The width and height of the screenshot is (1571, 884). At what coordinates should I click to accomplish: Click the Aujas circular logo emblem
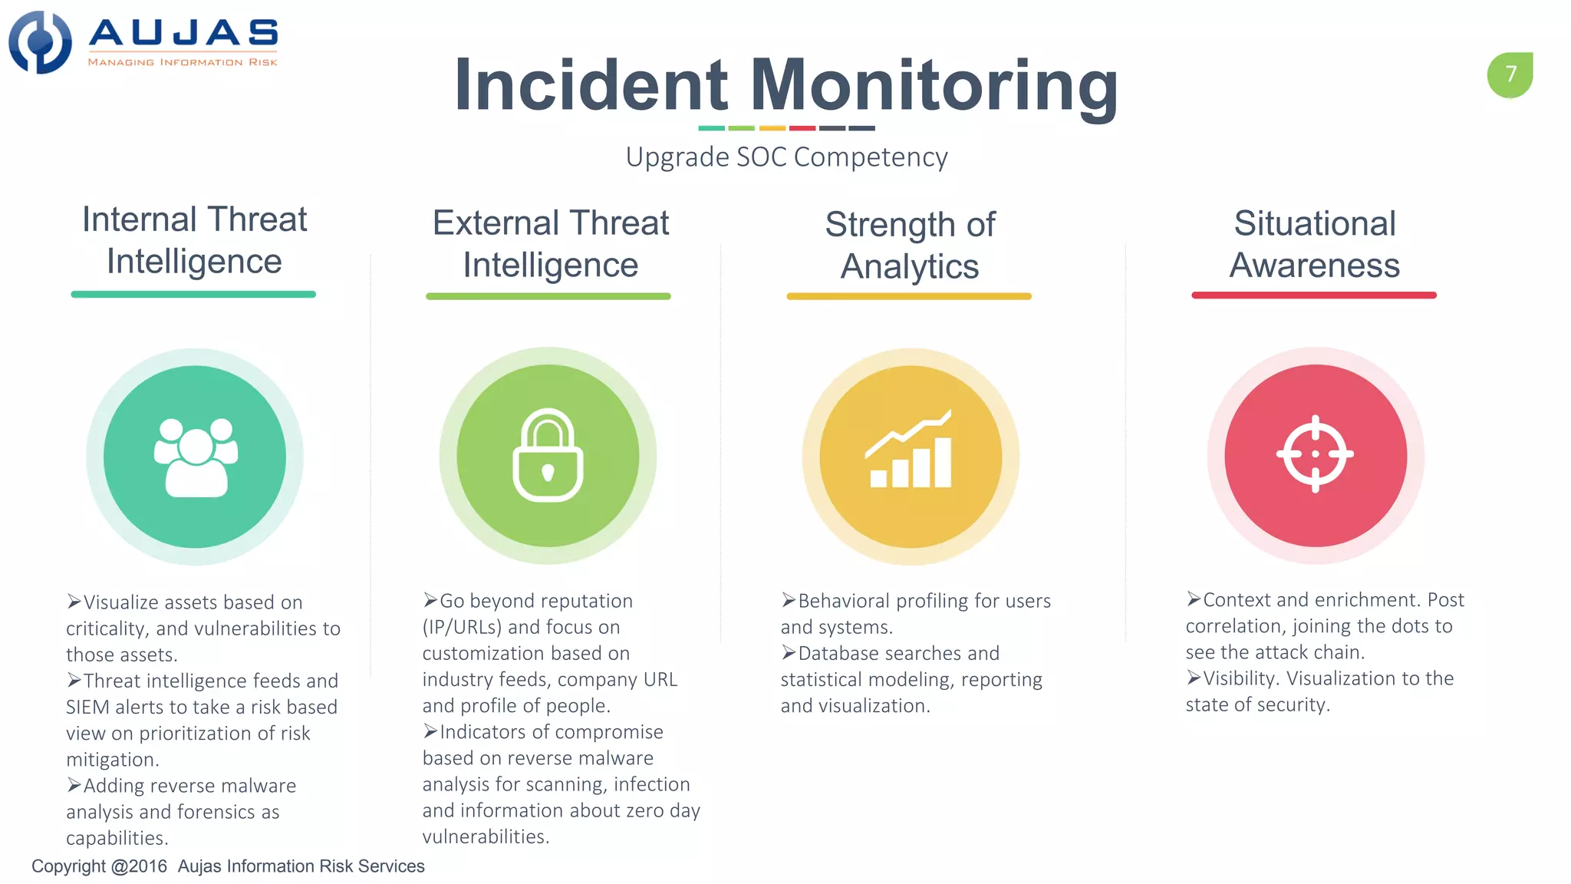(40, 42)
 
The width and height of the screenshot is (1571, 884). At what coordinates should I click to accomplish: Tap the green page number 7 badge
(1510, 74)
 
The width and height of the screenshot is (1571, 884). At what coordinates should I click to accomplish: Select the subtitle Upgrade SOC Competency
(786, 157)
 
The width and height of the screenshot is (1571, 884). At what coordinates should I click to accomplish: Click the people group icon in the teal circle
(196, 457)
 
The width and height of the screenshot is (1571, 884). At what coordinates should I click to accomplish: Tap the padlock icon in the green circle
(548, 456)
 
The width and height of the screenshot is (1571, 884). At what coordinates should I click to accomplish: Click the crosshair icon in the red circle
(1315, 454)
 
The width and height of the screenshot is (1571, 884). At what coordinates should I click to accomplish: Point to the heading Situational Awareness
(1314, 244)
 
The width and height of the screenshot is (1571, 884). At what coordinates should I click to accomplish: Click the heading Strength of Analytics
(910, 246)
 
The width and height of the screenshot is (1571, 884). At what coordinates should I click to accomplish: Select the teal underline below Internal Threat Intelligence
(193, 295)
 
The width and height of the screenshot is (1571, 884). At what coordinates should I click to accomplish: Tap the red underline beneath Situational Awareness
(1313, 295)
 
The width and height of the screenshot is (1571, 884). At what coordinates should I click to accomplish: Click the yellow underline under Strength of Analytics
(909, 296)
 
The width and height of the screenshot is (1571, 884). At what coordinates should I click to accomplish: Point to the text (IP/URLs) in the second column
(462, 628)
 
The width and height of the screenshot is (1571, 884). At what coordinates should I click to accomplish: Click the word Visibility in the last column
(1239, 679)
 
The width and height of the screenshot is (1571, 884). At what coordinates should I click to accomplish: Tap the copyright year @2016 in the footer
(139, 866)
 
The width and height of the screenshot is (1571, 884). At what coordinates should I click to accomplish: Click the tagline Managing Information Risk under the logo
(183, 62)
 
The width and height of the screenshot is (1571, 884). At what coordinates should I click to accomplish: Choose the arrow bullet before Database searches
(789, 653)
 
